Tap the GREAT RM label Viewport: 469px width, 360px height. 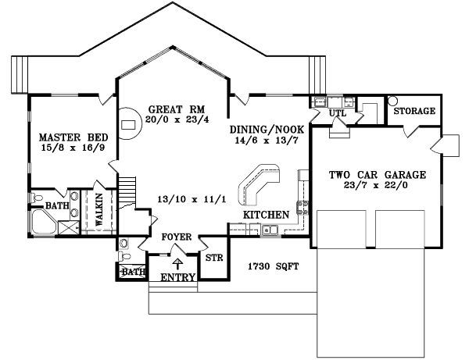pos(177,109)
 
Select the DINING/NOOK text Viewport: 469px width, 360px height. pos(263,130)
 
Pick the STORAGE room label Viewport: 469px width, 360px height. pos(414,112)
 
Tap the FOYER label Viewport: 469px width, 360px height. pos(175,237)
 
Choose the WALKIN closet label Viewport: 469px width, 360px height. pos(99,210)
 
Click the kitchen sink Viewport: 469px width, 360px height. pos(268,230)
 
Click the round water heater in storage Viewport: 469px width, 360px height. pos(392,100)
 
